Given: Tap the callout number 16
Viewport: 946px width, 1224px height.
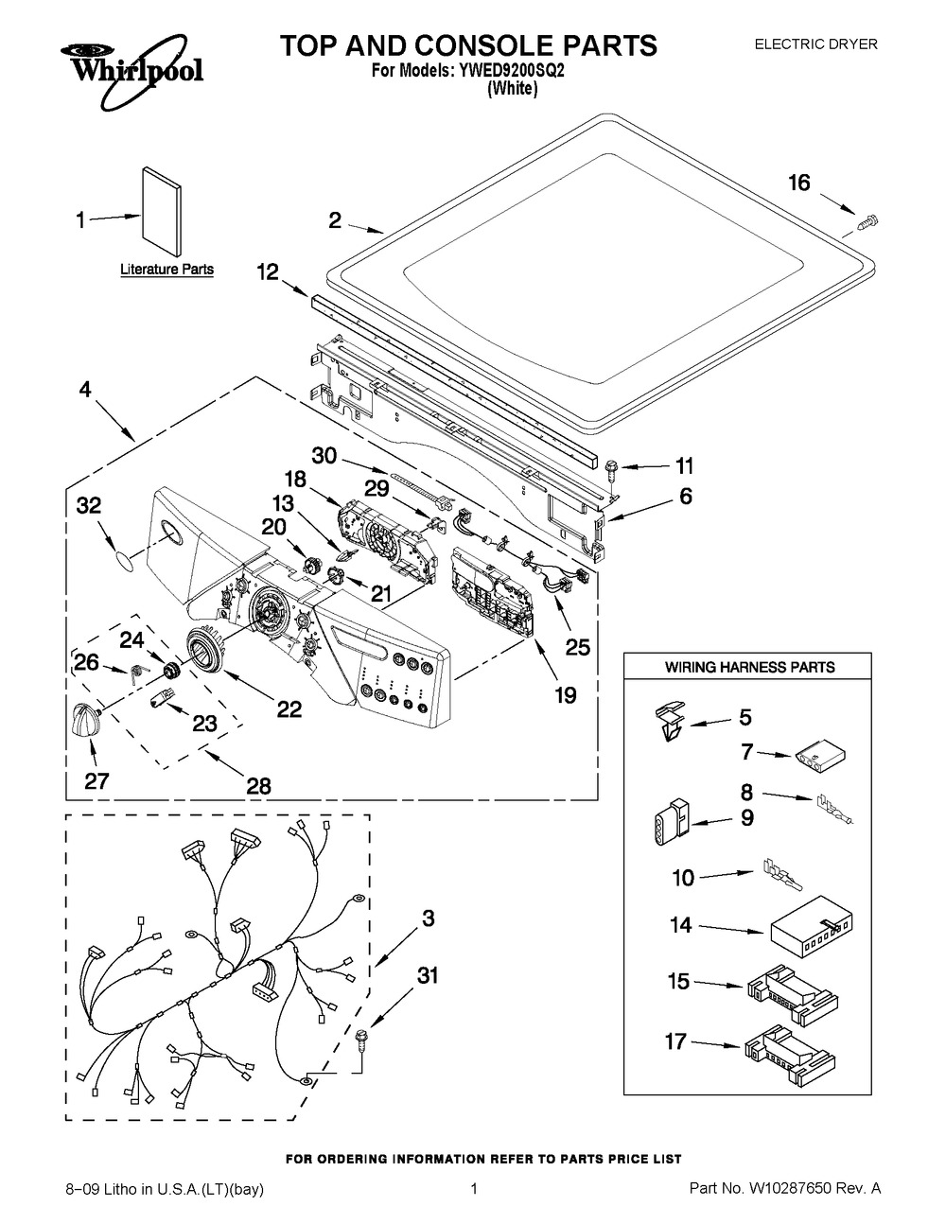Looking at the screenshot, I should (799, 183).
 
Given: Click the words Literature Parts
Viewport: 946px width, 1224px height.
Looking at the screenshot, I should (166, 270).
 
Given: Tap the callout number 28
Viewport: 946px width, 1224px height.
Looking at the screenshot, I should (257, 784).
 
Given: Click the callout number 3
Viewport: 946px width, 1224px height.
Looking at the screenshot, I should (428, 918).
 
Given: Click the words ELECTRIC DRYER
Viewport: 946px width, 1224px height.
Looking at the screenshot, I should (815, 44).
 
